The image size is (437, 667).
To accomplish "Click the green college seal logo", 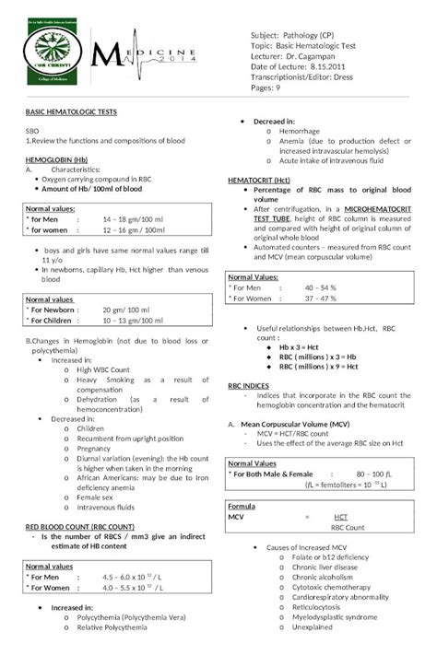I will (x=57, y=58).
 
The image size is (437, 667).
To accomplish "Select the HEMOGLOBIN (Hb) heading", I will (x=56, y=159).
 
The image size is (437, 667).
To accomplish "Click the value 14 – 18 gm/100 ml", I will (x=134, y=219).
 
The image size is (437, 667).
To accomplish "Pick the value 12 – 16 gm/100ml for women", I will (x=134, y=229).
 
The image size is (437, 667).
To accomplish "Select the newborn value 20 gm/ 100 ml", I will (x=129, y=310).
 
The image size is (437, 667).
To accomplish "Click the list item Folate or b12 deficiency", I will (x=329, y=557).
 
